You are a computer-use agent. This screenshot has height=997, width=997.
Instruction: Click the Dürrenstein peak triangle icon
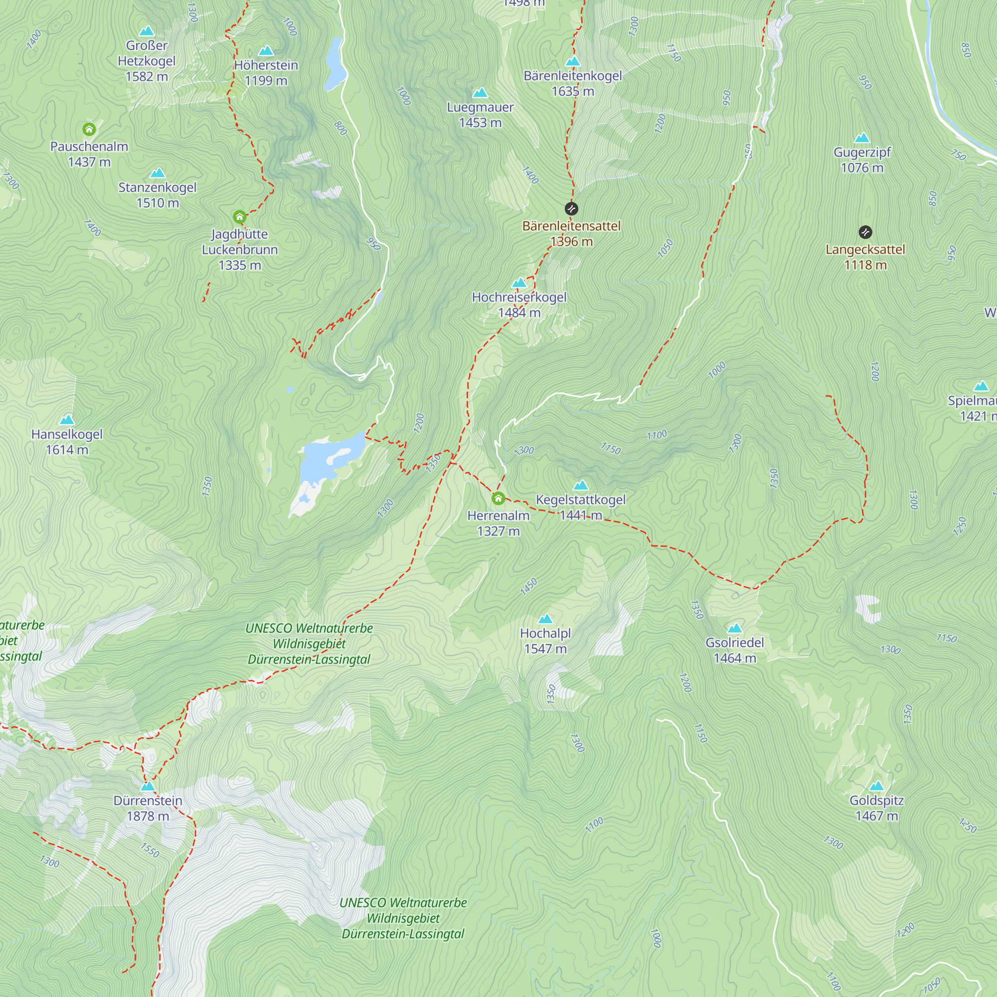(x=148, y=786)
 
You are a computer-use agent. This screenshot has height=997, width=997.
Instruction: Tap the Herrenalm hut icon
(x=498, y=498)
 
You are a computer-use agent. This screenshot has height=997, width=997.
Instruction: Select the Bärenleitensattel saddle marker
(x=571, y=208)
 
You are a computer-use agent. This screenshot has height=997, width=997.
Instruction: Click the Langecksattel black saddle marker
(x=865, y=232)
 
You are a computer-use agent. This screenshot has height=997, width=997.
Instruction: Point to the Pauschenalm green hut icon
(x=89, y=129)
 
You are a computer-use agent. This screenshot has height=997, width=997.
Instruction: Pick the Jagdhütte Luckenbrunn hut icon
(x=239, y=216)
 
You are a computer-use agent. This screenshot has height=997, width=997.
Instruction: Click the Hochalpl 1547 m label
(x=545, y=641)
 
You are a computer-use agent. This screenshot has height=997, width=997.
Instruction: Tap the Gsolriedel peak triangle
(x=734, y=628)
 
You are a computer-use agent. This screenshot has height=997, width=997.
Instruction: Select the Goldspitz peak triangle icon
(x=877, y=786)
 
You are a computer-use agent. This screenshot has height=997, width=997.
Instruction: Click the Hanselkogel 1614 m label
(x=67, y=442)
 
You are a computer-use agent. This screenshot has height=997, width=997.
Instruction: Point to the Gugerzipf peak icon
(x=862, y=138)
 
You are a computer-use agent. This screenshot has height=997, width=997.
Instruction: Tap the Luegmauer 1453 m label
(x=480, y=115)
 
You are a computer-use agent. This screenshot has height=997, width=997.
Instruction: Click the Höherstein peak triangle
(x=266, y=50)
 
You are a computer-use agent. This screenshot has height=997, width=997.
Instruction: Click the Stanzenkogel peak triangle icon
(x=158, y=172)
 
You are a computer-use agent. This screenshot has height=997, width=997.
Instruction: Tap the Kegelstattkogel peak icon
(x=581, y=485)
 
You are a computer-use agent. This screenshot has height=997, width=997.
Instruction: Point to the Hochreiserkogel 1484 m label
(x=519, y=305)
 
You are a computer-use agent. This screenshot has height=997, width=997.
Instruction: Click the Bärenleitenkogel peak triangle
(x=573, y=61)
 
